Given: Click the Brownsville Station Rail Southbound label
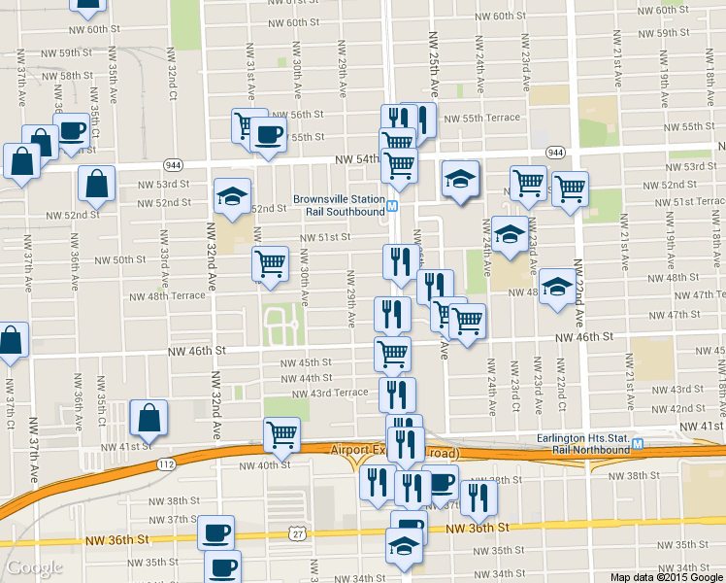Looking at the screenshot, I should (339, 206).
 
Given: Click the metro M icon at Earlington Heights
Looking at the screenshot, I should (637, 445).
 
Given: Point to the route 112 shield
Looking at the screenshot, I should (166, 465).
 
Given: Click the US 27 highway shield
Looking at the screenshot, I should (295, 532).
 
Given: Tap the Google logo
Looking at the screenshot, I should (34, 567).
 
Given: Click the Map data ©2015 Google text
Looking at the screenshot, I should (666, 577).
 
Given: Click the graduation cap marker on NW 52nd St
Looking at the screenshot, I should (232, 196).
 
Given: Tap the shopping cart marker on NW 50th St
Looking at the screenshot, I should (270, 261).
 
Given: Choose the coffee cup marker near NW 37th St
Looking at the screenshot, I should (215, 532).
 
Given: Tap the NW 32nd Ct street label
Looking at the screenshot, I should (171, 83).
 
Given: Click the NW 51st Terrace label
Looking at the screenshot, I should (686, 202).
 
